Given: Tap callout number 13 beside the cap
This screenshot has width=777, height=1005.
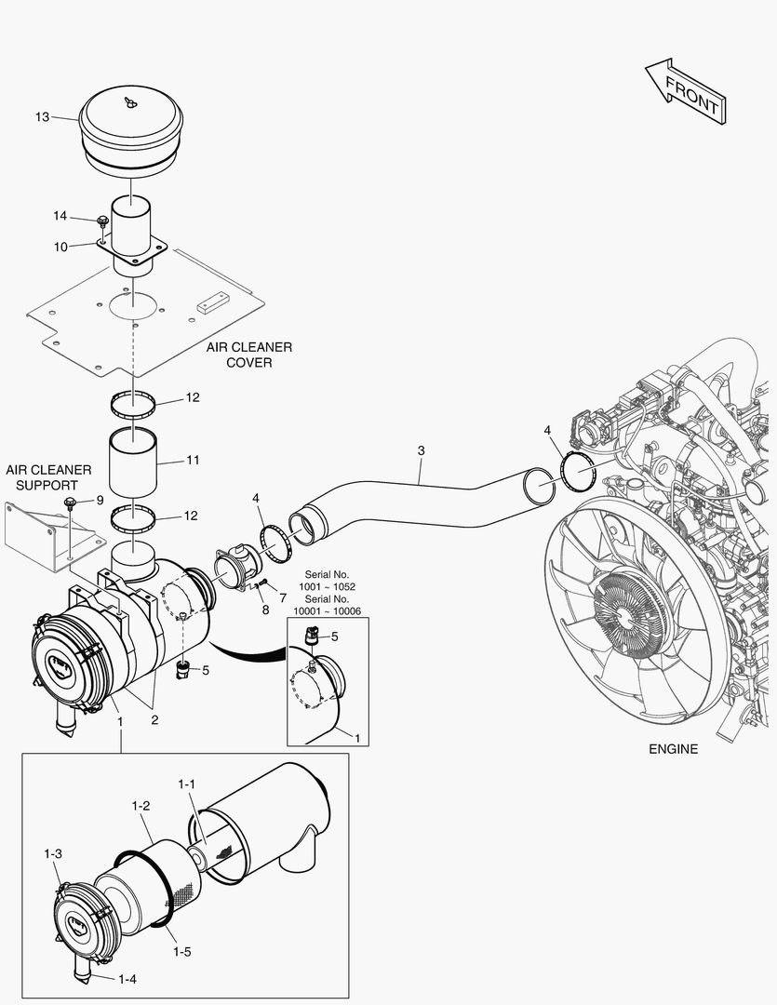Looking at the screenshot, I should [x=42, y=117].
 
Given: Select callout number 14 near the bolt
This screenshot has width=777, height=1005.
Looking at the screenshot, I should [x=60, y=216].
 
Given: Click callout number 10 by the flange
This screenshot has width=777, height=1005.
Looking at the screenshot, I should [x=60, y=247].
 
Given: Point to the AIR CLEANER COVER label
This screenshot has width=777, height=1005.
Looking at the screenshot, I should [x=249, y=355].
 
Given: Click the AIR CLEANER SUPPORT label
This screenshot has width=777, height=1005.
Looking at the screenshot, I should [x=48, y=477].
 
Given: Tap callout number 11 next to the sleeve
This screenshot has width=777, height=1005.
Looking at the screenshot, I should [x=193, y=460].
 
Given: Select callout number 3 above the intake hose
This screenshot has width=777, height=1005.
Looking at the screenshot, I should [x=421, y=450].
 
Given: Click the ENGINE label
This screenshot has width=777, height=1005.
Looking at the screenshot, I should [x=674, y=748].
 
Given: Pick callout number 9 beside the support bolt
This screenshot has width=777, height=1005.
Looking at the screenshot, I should [x=99, y=500].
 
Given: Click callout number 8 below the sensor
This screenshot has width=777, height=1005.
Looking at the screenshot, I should [x=265, y=610].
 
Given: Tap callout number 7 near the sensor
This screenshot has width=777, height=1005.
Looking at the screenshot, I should [x=282, y=596].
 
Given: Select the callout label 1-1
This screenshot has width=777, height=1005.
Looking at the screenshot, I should [x=186, y=784].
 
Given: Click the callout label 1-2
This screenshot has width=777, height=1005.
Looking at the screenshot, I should [x=141, y=805].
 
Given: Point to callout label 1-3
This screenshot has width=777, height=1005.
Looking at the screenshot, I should [x=53, y=853].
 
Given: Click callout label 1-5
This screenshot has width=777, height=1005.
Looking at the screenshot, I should [x=181, y=952].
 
